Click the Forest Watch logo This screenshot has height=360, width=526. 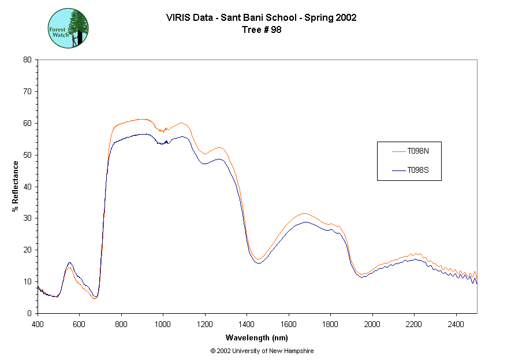point(68,28)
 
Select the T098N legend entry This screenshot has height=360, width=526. point(417,151)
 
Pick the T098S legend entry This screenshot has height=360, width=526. point(417,170)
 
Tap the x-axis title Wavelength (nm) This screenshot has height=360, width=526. point(257,338)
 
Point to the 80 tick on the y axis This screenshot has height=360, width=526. point(27,60)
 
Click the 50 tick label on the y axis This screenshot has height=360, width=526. point(27,155)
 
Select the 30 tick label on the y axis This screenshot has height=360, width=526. point(27,218)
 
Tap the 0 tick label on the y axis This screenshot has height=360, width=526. point(29,313)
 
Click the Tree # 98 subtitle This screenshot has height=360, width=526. point(261,30)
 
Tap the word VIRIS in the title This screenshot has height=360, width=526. point(177,17)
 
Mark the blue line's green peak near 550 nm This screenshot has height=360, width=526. point(69,262)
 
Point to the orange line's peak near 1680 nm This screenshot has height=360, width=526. point(305,213)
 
